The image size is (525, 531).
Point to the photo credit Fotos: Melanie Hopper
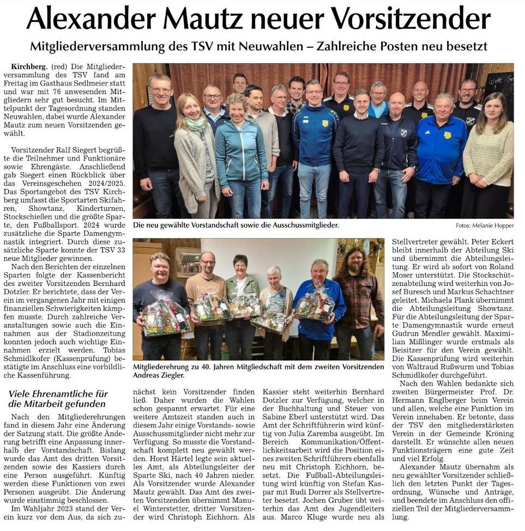pos(485,225)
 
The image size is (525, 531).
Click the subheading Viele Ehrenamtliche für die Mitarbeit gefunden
pos(57,399)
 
